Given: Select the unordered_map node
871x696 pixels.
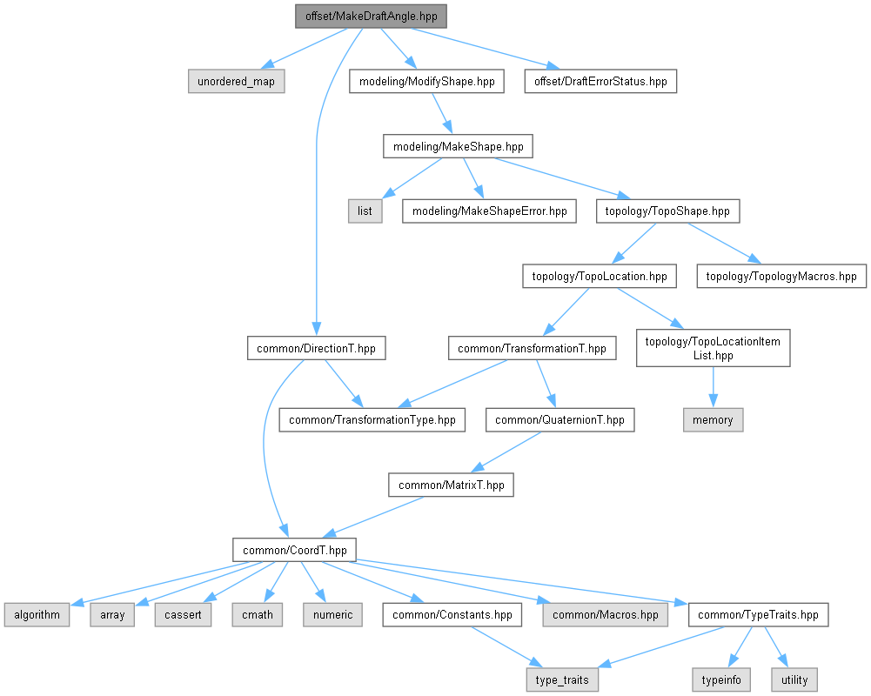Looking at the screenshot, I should (x=237, y=82).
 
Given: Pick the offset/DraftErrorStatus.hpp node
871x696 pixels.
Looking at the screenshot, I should (x=600, y=82).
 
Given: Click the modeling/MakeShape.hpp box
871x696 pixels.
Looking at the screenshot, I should (x=458, y=146).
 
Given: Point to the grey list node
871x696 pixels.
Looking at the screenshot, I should (x=365, y=211).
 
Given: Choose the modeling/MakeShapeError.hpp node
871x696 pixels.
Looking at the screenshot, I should (x=489, y=211).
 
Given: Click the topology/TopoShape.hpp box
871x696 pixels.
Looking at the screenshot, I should (x=667, y=211).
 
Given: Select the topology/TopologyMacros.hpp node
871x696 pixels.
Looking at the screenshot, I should (x=781, y=277).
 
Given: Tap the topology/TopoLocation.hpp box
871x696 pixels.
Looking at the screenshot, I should (x=600, y=277).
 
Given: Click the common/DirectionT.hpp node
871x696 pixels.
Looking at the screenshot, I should (x=316, y=349).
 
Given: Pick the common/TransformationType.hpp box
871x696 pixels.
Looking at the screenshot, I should (x=372, y=419).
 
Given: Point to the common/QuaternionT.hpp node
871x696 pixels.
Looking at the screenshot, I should (x=560, y=419).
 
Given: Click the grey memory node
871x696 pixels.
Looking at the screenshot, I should (x=713, y=419).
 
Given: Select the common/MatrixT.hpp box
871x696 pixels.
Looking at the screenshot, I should (x=451, y=485).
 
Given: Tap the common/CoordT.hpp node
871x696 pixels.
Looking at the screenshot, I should (x=295, y=550).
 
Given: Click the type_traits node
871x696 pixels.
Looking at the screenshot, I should (x=562, y=679).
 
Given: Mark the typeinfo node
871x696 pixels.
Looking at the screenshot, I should (x=720, y=679).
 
